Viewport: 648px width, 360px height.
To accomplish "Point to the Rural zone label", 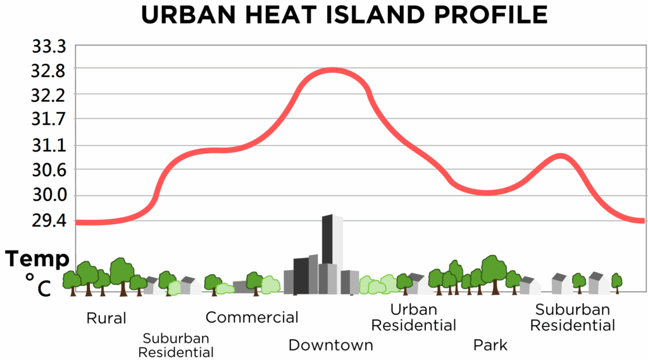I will tap(106, 318).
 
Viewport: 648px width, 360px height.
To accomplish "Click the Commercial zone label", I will tap(252, 317).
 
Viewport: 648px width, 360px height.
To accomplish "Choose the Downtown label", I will tap(331, 345).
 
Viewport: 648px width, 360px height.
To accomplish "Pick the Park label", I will tap(490, 345).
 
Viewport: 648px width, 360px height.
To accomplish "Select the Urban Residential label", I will tap(413, 318).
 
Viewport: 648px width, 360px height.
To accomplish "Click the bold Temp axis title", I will tap(37, 259).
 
